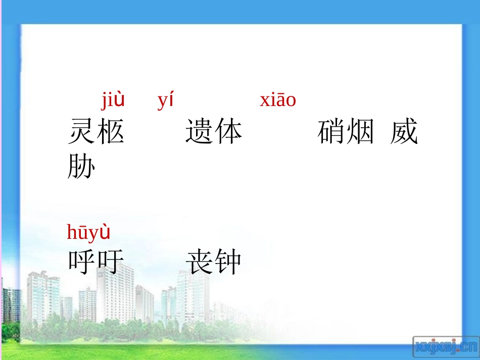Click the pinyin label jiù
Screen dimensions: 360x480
pyautogui.click(x=113, y=100)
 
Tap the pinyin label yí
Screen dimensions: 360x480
pyautogui.click(x=165, y=101)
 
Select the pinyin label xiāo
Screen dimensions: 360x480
pyautogui.click(x=277, y=100)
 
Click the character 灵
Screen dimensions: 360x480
pyautogui.click(x=82, y=132)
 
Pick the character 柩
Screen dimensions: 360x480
pyautogui.click(x=110, y=132)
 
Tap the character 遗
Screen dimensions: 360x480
pyautogui.click(x=200, y=132)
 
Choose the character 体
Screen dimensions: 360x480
pyautogui.click(x=228, y=132)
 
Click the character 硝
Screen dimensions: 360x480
pyautogui.click(x=332, y=132)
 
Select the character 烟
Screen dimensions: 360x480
pyautogui.click(x=360, y=132)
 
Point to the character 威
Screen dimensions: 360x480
pyautogui.click(x=404, y=132)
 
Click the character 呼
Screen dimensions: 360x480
pyautogui.click(x=82, y=262)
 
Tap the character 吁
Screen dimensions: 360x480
pyautogui.click(x=110, y=262)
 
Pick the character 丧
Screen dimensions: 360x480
pyautogui.click(x=200, y=262)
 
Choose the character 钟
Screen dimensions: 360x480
pyautogui.click(x=228, y=262)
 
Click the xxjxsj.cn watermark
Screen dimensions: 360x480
pyautogui.click(x=445, y=347)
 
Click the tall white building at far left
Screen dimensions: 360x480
pyautogui.click(x=43, y=298)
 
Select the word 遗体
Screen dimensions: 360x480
pyautogui.click(x=214, y=132)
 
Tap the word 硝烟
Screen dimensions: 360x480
pyautogui.click(x=346, y=132)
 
